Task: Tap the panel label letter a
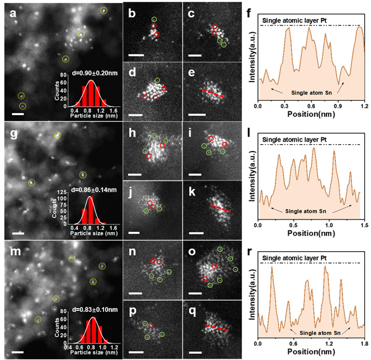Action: click(7, 11)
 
